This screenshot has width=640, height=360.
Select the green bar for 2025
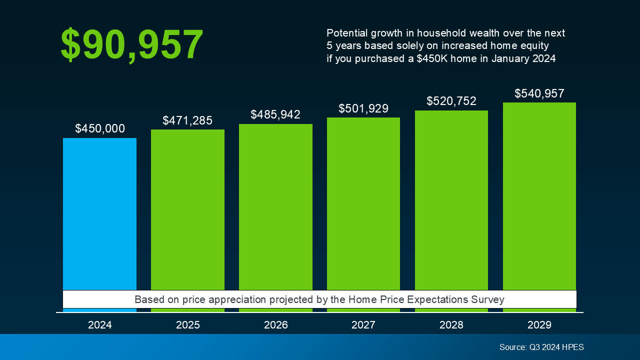click(x=187, y=210)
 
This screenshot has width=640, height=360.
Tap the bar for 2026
click(x=275, y=207)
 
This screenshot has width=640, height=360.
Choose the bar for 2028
click(x=451, y=200)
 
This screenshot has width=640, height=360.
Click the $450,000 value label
click(x=100, y=128)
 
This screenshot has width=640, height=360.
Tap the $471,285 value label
click(x=187, y=120)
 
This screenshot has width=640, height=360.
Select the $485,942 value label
click(x=275, y=114)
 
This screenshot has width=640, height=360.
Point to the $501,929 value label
click(x=363, y=108)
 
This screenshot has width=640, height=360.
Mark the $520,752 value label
click(x=451, y=101)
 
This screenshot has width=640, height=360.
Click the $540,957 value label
click(x=539, y=93)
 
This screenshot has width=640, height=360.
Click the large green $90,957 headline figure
click(x=132, y=45)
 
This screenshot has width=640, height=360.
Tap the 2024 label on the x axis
click(x=100, y=325)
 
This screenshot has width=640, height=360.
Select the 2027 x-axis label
click(x=363, y=325)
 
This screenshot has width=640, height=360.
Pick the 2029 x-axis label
click(x=539, y=325)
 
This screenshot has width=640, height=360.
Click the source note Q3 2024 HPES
click(x=541, y=347)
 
